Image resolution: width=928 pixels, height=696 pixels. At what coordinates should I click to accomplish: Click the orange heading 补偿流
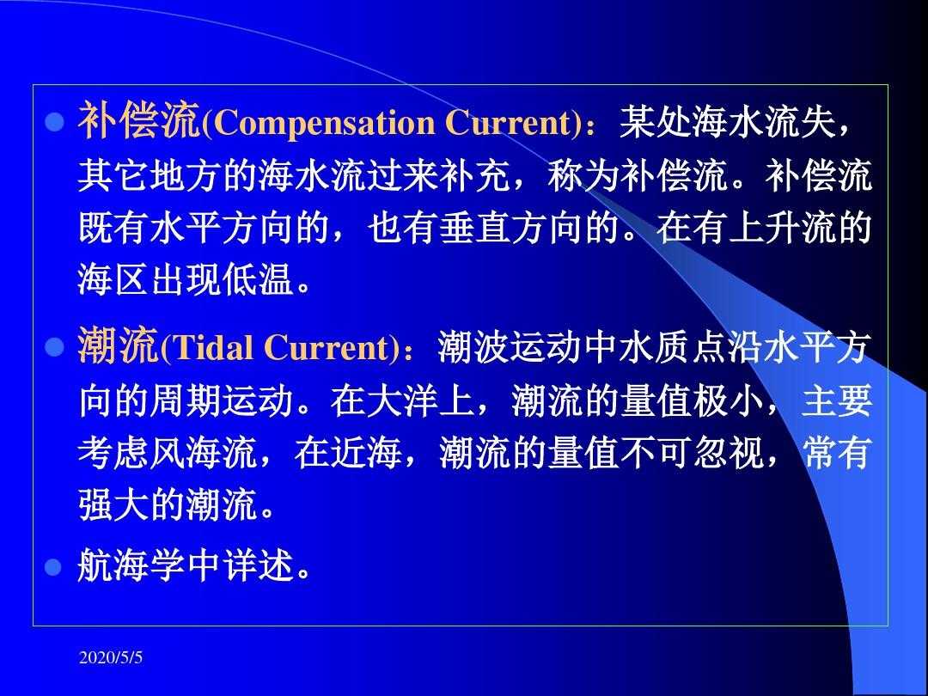pos(140,121)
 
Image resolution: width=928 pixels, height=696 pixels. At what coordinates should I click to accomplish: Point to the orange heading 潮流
pos(119,345)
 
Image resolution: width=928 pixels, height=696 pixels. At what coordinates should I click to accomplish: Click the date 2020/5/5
pos(111,657)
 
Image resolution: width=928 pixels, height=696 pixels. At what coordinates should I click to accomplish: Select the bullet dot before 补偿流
pos(54,123)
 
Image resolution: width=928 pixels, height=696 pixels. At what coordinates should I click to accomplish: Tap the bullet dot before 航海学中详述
pos(54,566)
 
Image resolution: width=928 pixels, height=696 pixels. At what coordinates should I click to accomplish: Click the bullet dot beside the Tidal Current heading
pos(54,347)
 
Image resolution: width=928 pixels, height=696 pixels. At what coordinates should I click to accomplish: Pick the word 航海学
pos(132,565)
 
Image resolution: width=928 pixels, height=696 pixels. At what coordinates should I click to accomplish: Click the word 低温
pos(259,279)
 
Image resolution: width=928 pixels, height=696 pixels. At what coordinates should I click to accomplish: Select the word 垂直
pos(475,228)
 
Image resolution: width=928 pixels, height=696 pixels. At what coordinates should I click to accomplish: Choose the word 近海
pos(366,453)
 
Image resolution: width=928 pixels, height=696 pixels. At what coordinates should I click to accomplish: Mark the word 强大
pos(113,505)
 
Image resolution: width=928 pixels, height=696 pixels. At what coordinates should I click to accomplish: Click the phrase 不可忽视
pos(692,453)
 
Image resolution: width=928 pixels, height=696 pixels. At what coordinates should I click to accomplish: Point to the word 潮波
pos(474,347)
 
